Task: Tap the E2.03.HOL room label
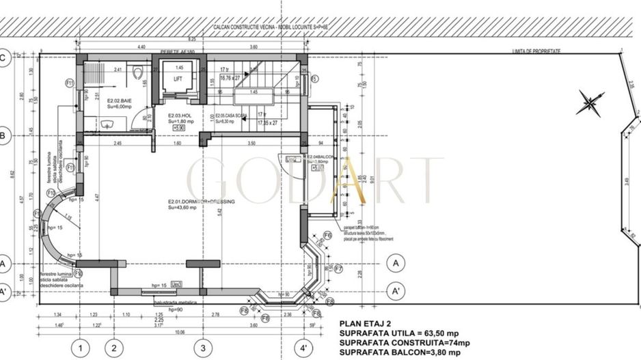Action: (178, 115)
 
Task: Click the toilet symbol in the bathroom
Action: (137, 70)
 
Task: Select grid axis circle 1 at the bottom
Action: (81, 348)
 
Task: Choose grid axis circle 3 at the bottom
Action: (202, 348)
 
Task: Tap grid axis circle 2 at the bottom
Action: (113, 348)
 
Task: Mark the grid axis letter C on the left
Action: (3, 57)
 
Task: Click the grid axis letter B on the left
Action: (3, 137)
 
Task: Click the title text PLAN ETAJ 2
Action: (368, 324)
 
